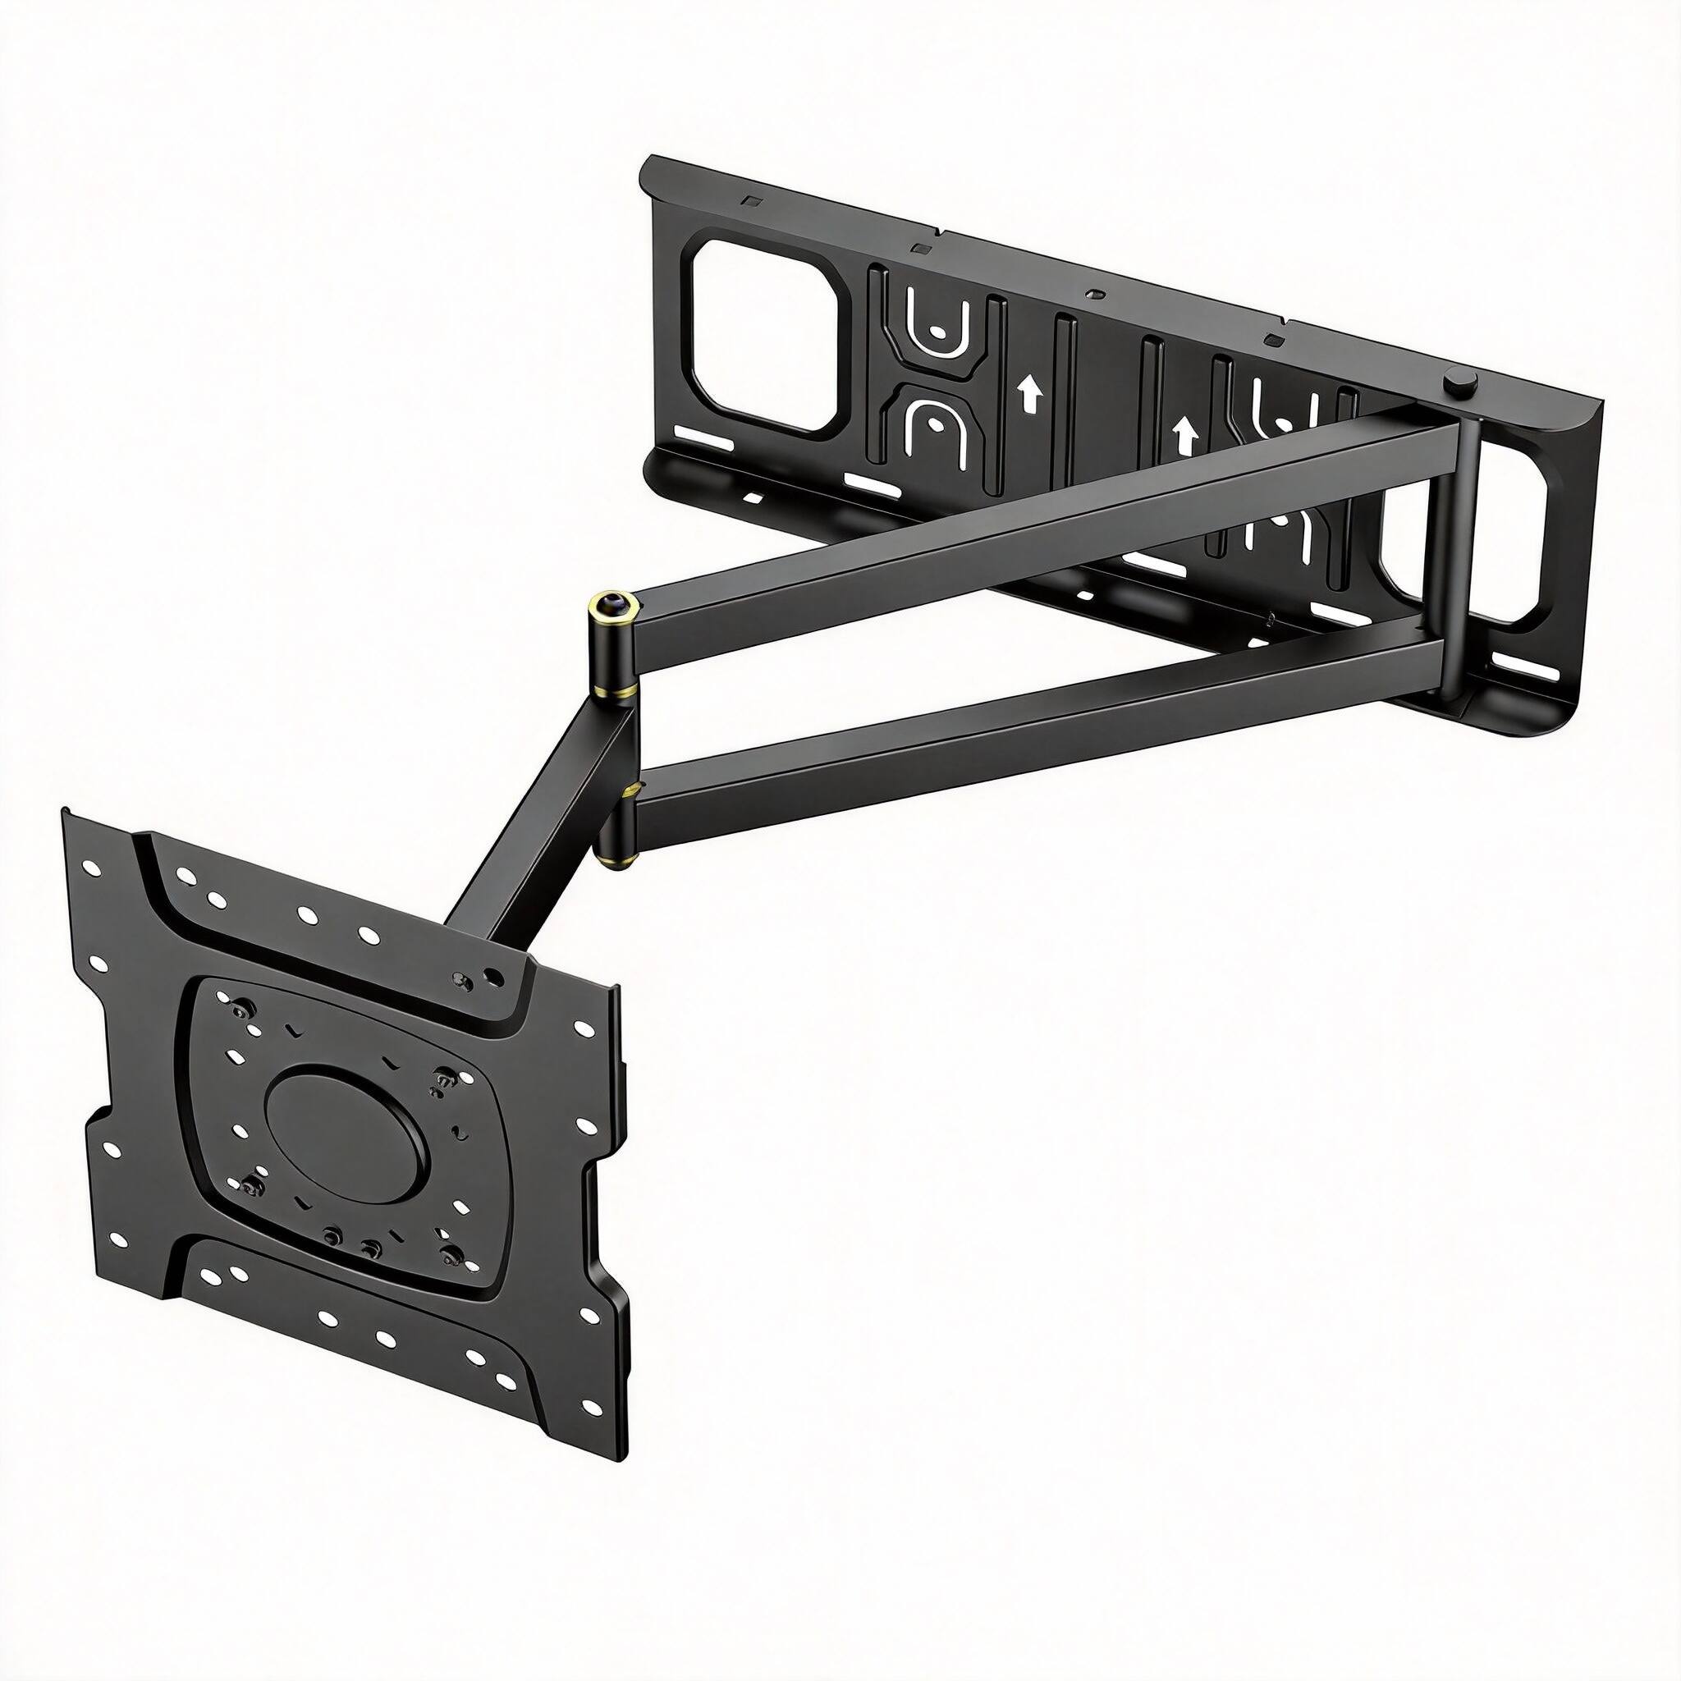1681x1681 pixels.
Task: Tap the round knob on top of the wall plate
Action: (1455, 383)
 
